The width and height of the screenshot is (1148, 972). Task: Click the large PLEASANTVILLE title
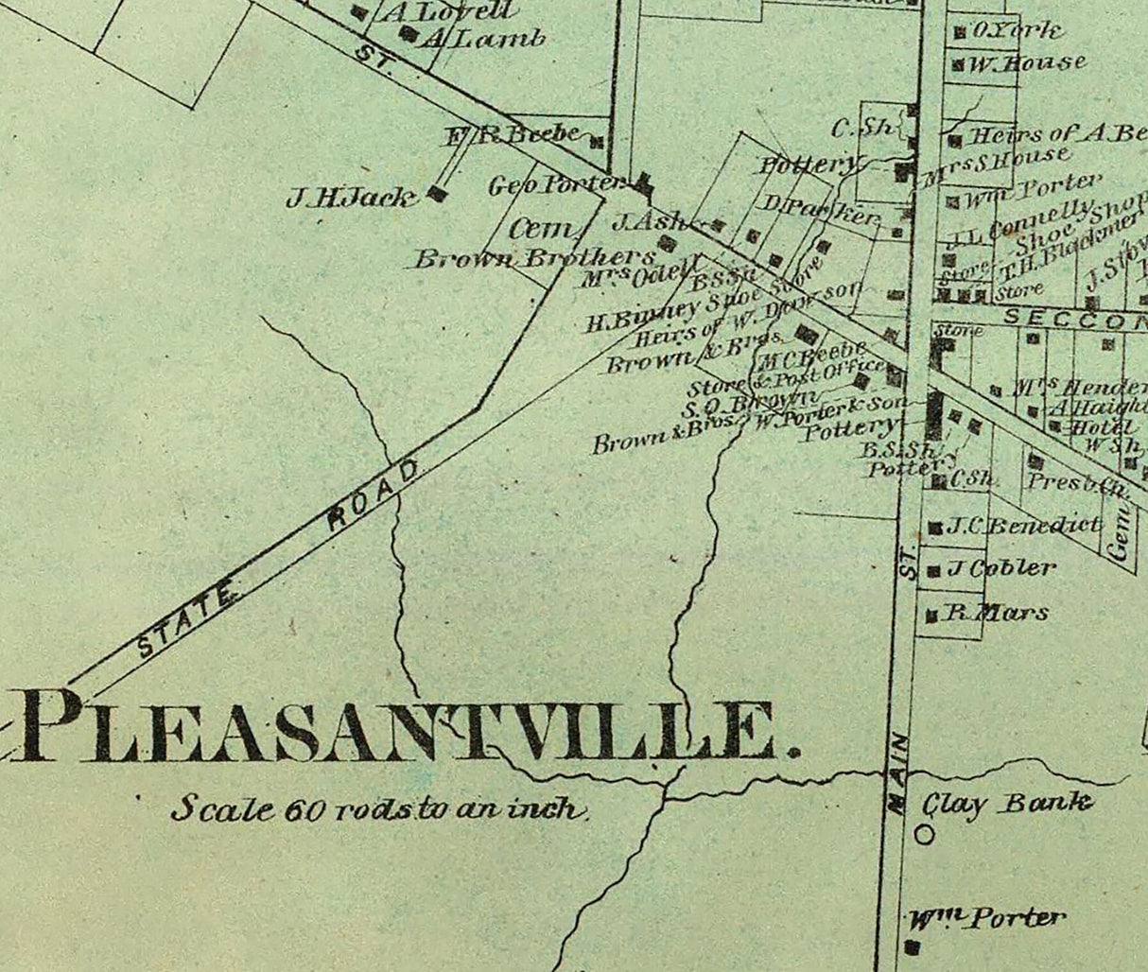(407, 726)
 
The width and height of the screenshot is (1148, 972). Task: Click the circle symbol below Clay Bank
(925, 835)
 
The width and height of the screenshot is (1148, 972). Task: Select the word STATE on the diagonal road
(187, 621)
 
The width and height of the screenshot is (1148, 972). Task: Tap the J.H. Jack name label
(351, 199)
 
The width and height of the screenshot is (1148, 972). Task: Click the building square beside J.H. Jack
(437, 193)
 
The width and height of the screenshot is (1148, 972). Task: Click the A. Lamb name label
(484, 39)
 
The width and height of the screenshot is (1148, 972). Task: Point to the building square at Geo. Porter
(643, 183)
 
